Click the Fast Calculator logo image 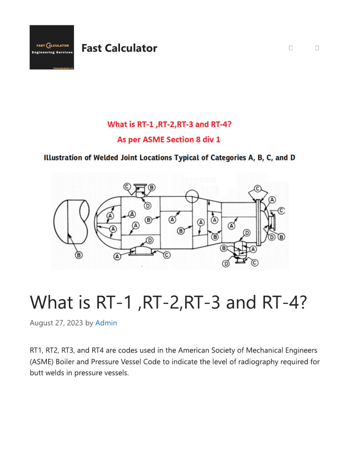(52, 47)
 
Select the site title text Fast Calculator (119, 48)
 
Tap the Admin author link (106, 323)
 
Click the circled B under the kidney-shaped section (79, 255)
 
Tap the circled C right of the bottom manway (166, 255)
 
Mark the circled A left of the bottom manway (117, 256)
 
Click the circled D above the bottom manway (150, 241)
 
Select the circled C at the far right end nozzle (281, 210)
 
